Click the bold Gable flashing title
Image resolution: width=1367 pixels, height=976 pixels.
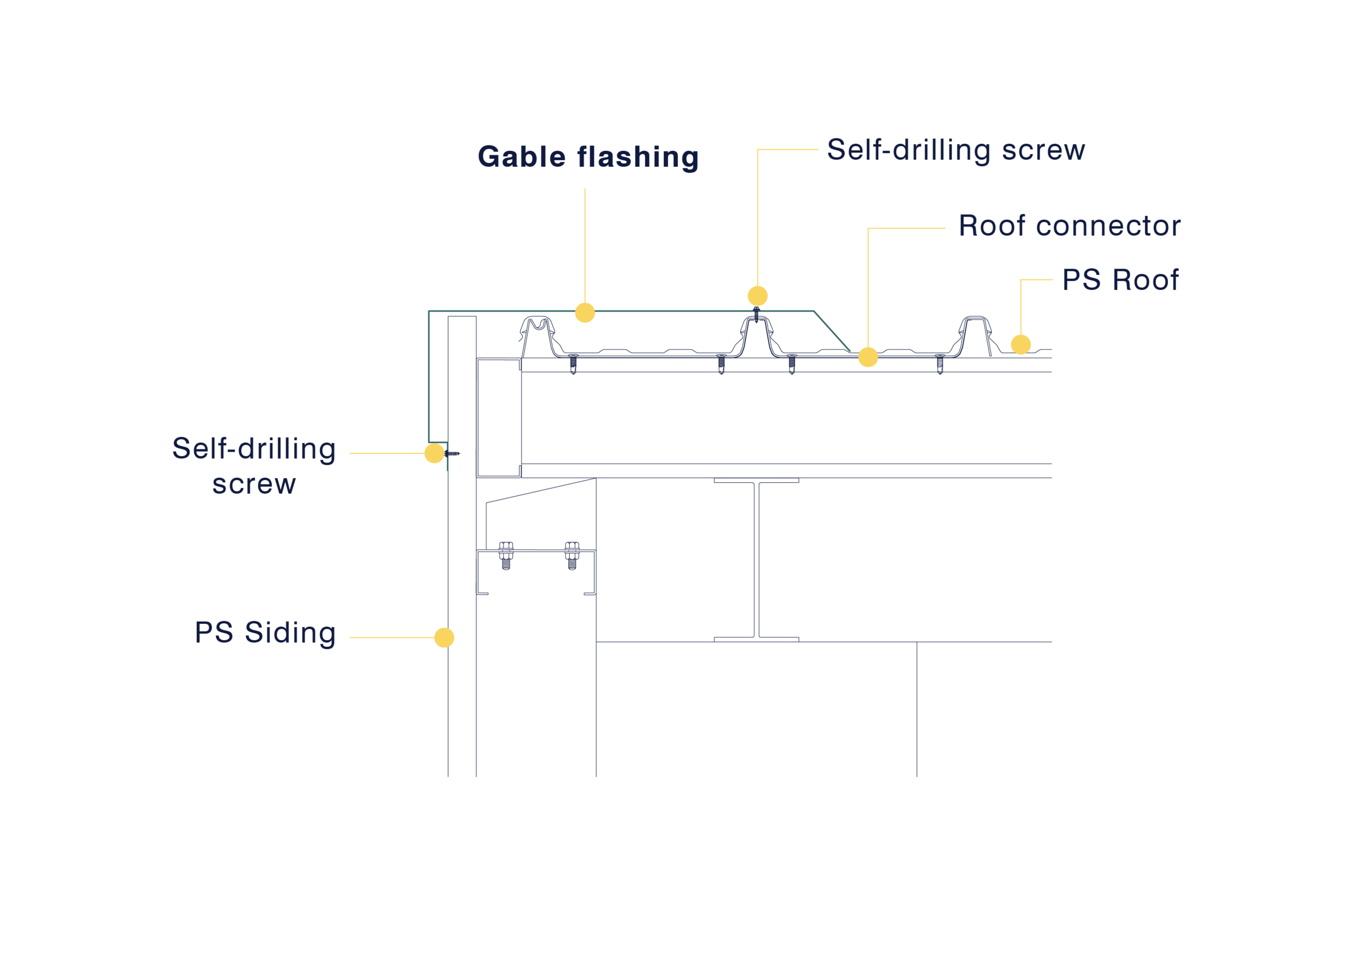588,157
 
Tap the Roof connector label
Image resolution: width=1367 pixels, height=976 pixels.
1070,226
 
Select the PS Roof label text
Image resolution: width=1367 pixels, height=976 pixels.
1120,280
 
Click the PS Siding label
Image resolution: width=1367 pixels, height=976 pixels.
265,633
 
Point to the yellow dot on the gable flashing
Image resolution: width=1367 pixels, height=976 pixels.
585,313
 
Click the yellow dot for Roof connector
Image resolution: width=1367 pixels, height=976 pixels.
868,357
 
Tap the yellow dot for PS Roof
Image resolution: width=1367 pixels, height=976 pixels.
1021,344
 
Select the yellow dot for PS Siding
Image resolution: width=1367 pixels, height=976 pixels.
444,638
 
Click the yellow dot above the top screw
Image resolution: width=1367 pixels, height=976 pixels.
758,296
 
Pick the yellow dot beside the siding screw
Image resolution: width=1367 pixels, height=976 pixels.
435,453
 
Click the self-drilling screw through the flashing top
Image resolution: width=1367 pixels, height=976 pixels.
757,315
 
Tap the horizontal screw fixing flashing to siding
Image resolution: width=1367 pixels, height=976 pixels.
452,453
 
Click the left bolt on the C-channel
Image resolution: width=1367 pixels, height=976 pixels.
506,556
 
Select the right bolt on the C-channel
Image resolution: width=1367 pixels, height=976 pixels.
572,556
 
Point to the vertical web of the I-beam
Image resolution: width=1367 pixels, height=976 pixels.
757,560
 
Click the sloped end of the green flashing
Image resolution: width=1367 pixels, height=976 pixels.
832,331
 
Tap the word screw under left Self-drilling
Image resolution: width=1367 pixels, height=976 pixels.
254,484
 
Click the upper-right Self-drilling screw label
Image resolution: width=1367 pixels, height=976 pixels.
956,150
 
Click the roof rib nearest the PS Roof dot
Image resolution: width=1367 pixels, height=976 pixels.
974,335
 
